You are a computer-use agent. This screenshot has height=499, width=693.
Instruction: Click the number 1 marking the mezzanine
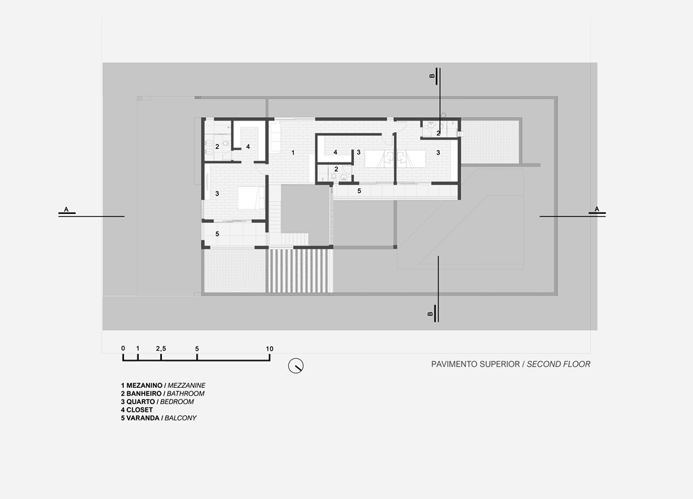(292, 152)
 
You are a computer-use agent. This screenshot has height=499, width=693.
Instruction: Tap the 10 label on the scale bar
(269, 349)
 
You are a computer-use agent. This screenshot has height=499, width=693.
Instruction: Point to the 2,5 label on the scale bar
(161, 349)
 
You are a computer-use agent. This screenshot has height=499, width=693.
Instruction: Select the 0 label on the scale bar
(123, 348)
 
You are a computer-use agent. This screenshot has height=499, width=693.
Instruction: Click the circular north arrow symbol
(296, 366)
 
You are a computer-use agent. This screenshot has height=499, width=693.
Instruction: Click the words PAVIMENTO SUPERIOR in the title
(476, 364)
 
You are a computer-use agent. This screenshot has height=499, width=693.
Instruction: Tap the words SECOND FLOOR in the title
(558, 364)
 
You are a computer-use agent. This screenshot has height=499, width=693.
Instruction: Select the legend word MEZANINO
(145, 385)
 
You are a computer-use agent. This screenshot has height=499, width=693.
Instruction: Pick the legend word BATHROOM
(185, 393)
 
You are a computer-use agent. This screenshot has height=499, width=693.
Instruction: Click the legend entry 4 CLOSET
(137, 410)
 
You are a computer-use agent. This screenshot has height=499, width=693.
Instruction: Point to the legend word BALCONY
(181, 418)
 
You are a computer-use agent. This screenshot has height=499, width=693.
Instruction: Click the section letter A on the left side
(66, 209)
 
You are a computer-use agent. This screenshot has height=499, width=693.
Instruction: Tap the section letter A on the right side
(597, 209)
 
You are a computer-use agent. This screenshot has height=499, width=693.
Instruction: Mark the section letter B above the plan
(432, 76)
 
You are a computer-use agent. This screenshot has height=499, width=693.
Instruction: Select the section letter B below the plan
(430, 313)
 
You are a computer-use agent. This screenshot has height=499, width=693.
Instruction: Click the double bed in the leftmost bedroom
(251, 198)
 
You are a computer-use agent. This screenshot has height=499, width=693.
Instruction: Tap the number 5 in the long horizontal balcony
(359, 191)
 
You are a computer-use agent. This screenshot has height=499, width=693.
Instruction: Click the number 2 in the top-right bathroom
(439, 133)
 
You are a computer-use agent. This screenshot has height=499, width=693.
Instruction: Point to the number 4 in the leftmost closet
(248, 146)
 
